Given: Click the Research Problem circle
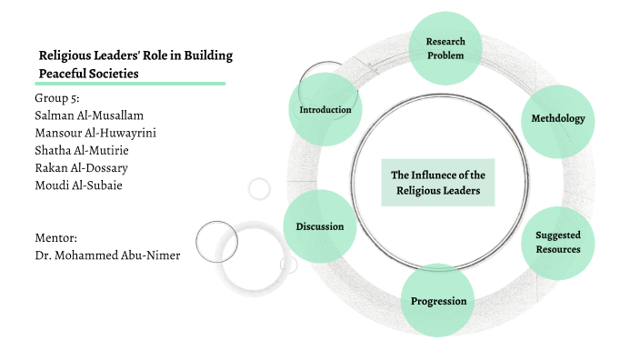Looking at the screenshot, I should pyautogui.click(x=445, y=48).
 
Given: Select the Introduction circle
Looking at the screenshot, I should pyautogui.click(x=325, y=110).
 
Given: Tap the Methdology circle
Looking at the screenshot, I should pyautogui.click(x=557, y=119).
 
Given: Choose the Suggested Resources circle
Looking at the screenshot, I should pyautogui.click(x=557, y=242).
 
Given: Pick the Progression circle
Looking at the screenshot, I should pyautogui.click(x=438, y=301).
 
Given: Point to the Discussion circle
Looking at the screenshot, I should pyautogui.click(x=319, y=226).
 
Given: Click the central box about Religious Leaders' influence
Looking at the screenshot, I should pyautogui.click(x=437, y=183).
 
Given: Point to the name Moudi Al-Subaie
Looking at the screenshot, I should pyautogui.click(x=77, y=185).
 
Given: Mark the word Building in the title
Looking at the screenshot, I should pyautogui.click(x=208, y=55).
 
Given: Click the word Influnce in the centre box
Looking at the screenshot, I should pyautogui.click(x=447, y=175).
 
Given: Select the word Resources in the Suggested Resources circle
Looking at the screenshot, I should pyautogui.click(x=557, y=249).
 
